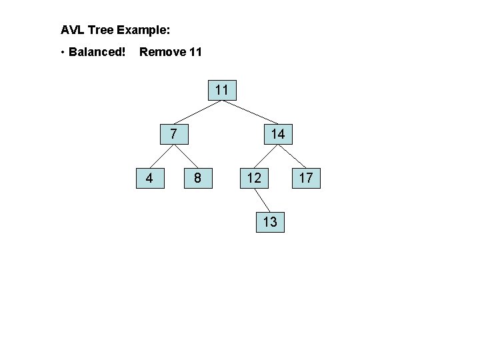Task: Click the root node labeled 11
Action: [223, 90]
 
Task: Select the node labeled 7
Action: [173, 133]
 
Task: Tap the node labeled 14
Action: [277, 134]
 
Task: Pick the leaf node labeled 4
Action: [150, 178]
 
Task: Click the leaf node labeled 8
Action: [197, 178]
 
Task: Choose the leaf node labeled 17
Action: [306, 178]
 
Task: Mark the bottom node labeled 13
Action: [270, 221]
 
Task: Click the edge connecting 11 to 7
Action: [197, 111]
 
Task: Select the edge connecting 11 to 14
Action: [250, 112]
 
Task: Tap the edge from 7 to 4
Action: [161, 156]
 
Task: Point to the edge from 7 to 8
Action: [185, 156]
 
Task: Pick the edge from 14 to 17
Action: [292, 156]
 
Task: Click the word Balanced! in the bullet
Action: [97, 51]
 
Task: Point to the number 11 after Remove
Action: [195, 51]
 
